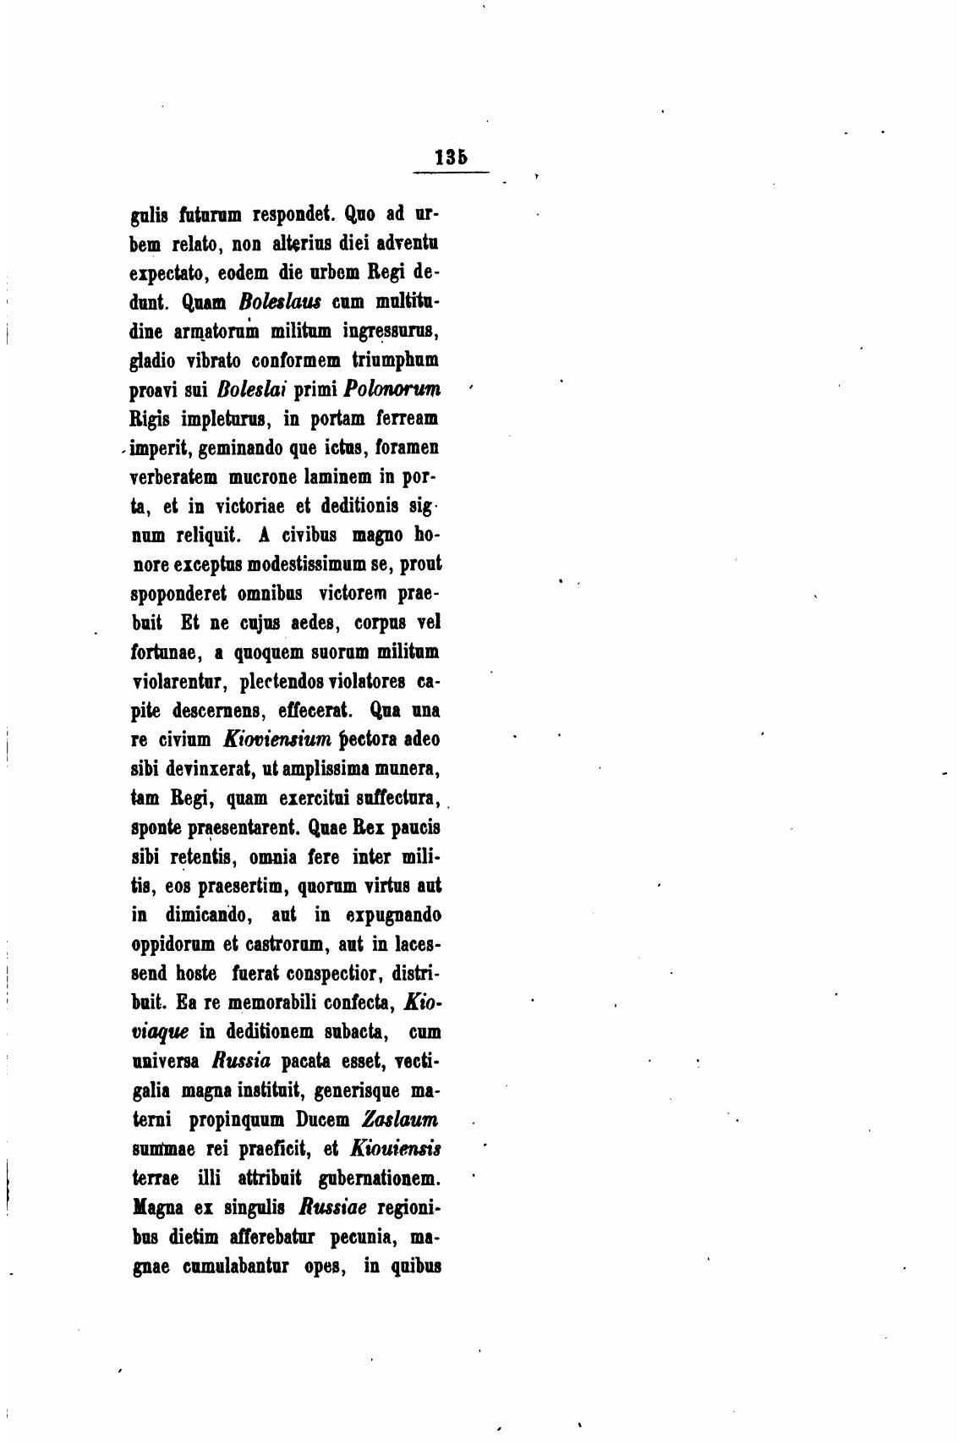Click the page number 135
(451, 157)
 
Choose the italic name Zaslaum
(399, 1119)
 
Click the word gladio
(155, 360)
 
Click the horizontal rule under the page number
(451, 173)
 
